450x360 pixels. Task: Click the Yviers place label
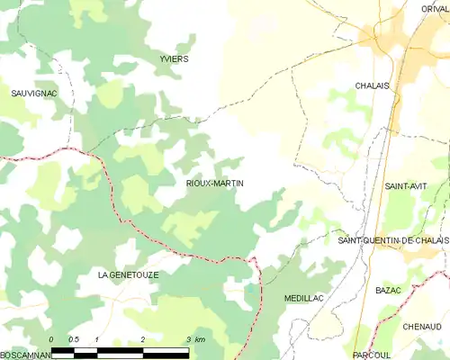[174, 58]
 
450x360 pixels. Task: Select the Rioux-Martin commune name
[214, 183]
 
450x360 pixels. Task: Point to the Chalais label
[373, 85]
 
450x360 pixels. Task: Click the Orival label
[434, 8]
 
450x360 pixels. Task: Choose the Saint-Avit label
[406, 185]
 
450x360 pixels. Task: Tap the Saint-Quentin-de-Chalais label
[392, 241]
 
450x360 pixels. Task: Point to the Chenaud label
[422, 326]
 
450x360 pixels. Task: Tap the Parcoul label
[372, 355]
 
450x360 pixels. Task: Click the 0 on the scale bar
[52, 339]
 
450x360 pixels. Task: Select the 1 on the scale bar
[97, 339]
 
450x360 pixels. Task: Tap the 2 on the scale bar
[143, 339]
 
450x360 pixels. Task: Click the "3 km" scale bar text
[194, 339]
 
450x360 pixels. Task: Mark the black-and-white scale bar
[120, 348]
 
